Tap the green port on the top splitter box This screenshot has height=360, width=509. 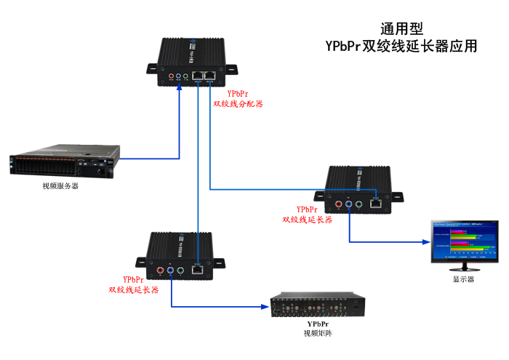tap(186, 75)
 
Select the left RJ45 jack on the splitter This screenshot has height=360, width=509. tap(198, 75)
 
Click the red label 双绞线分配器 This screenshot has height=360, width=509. tap(238, 104)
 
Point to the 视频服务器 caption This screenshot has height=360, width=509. tap(60, 186)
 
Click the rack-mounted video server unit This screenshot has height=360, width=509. tap(63, 165)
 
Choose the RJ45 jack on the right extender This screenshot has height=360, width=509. tap(375, 203)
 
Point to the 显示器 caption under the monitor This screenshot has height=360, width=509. tap(463, 279)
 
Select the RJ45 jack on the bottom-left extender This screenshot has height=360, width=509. tap(197, 268)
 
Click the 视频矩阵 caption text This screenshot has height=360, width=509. tap(318, 334)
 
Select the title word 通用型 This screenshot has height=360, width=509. tap(401, 29)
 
